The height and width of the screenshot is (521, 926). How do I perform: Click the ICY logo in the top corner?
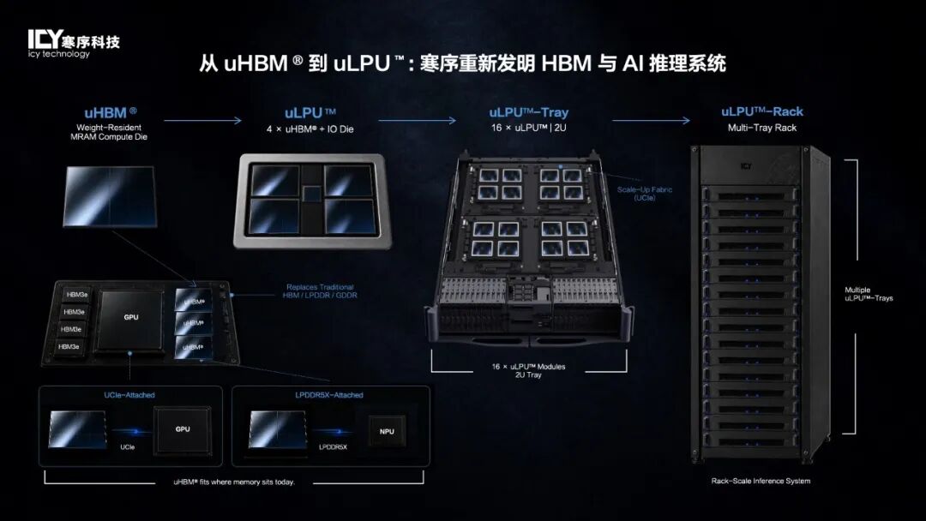(73, 44)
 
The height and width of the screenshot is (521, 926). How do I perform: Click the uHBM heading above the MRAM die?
(111, 113)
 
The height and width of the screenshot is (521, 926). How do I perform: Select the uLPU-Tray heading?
(528, 112)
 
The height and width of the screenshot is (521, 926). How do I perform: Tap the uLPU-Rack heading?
(762, 111)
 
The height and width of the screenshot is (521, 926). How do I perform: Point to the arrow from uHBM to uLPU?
(202, 120)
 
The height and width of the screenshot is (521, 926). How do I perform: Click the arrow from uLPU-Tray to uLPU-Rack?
(651, 120)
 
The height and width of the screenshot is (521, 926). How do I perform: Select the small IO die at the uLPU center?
(312, 194)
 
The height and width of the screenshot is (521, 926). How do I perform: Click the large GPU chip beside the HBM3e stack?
(131, 319)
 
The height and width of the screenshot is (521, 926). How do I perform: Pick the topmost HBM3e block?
(76, 295)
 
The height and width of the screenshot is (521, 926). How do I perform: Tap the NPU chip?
(387, 431)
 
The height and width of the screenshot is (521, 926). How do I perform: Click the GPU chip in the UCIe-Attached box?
(183, 429)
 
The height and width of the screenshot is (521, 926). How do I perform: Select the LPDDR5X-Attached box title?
(329, 395)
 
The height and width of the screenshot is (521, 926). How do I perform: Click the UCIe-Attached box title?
(129, 395)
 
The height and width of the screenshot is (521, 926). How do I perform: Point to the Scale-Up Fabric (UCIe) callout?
(644, 194)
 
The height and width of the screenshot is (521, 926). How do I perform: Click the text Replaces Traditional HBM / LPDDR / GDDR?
(320, 290)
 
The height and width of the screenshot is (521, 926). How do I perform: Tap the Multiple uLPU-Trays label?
(869, 294)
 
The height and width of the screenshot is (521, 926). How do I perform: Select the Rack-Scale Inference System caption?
(761, 481)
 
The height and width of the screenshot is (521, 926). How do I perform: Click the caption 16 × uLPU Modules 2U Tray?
(528, 370)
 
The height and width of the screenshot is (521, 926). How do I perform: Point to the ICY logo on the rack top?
(747, 166)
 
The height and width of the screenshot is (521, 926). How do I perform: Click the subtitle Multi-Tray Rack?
(762, 128)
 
